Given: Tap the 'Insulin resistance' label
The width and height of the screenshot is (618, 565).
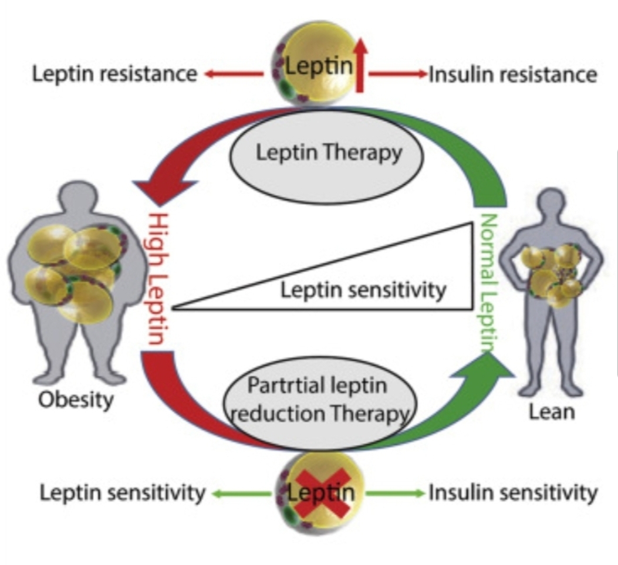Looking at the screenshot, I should [x=513, y=75].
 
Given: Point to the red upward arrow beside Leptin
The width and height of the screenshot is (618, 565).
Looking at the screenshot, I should [x=360, y=65].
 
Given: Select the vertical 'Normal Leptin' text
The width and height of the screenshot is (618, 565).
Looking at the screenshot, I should [x=488, y=282].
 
